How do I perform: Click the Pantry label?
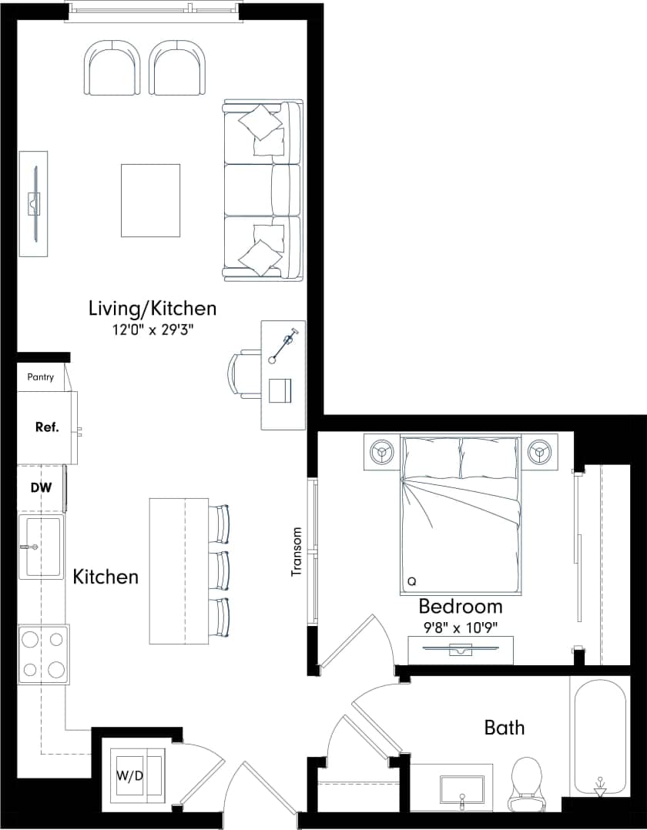[x=41, y=377]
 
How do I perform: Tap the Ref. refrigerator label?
[x=47, y=427]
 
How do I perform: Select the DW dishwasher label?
[x=41, y=487]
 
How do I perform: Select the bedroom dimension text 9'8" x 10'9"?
[x=461, y=627]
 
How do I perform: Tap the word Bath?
[x=505, y=727]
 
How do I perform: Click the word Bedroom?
[x=461, y=606]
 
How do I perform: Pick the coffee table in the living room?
[x=150, y=200]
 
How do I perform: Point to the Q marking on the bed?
[x=411, y=581]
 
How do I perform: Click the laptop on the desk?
[x=280, y=390]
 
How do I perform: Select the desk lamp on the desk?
[x=283, y=346]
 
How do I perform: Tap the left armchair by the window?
[x=113, y=68]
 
